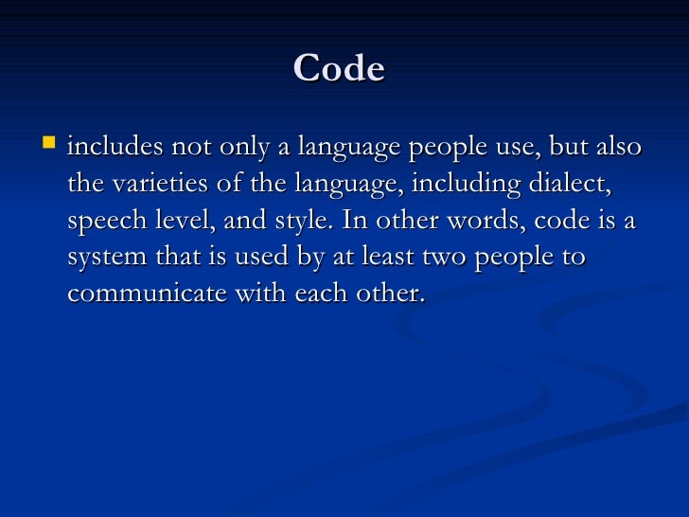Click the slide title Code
click(339, 69)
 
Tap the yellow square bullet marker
click(49, 145)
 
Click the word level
click(177, 221)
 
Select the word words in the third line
click(483, 221)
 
